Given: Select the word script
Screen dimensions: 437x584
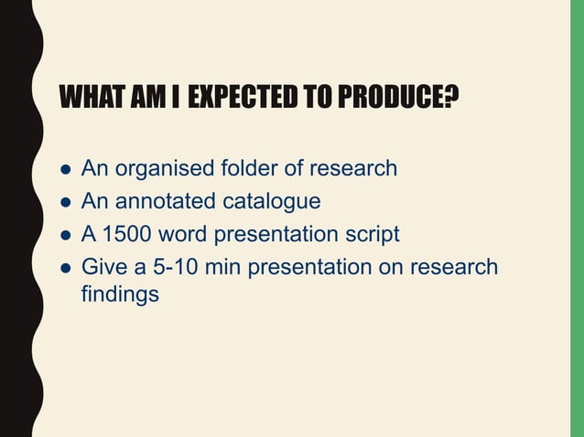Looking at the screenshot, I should click(x=373, y=235).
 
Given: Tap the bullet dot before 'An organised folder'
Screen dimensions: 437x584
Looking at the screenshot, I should click(x=65, y=170).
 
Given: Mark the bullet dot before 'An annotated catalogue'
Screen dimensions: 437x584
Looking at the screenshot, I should click(x=65, y=203).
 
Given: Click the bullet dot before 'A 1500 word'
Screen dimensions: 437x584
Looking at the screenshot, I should click(x=65, y=236).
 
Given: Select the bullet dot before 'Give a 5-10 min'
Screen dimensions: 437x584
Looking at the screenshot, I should click(x=65, y=269).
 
